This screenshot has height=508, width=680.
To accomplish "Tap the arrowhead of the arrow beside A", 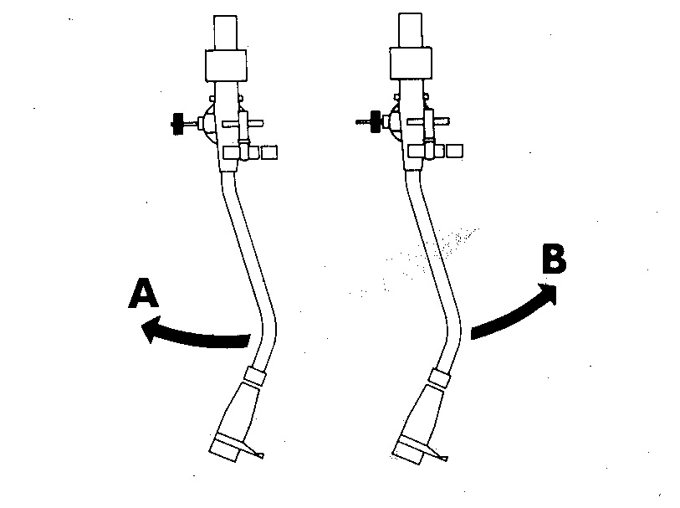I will tap(151, 331).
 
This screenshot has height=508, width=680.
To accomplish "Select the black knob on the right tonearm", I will tap(374, 121).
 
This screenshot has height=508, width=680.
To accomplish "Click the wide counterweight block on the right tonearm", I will tap(411, 64).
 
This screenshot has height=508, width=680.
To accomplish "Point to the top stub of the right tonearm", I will tap(411, 31).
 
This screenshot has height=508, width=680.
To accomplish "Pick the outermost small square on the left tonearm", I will tap(269, 152).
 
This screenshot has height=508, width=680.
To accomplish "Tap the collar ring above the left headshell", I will tap(255, 376).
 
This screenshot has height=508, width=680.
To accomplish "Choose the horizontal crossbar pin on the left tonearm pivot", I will tap(255, 125).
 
